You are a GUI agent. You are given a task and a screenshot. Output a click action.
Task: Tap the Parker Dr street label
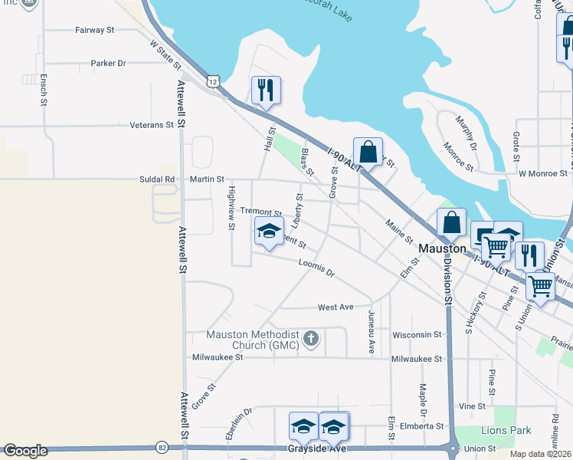click(x=108, y=64)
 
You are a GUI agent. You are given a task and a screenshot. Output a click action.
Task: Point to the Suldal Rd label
click(x=159, y=179)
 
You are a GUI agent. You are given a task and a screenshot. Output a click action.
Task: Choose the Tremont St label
click(x=261, y=211)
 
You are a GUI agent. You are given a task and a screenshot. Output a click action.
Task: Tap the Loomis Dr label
click(x=316, y=268)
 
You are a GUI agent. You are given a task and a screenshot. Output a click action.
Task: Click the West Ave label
click(x=336, y=307)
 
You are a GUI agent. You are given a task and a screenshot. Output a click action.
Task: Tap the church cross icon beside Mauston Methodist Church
click(x=311, y=338)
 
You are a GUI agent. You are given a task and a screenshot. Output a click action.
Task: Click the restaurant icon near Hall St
click(x=266, y=90)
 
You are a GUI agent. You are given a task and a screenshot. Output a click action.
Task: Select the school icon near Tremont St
click(x=269, y=231)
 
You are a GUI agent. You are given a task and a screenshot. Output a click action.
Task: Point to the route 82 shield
click(x=162, y=447)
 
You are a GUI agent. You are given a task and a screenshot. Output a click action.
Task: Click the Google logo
click(x=25, y=451)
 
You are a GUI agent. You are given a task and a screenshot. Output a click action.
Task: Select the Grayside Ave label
click(x=316, y=448)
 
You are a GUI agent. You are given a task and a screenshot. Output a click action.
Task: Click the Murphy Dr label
click(x=467, y=134)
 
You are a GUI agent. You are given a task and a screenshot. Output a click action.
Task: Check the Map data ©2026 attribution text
click(x=541, y=454)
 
